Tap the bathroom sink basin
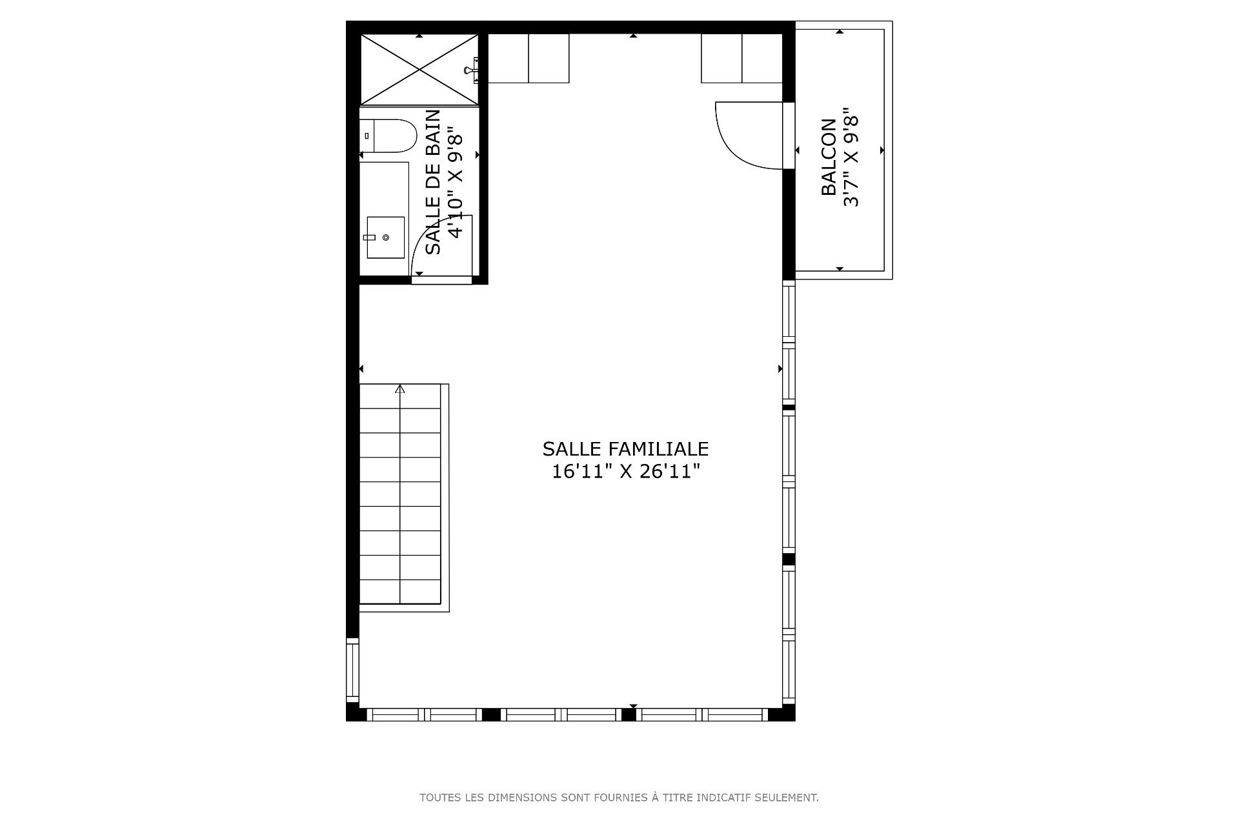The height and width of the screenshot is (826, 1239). point(386,237)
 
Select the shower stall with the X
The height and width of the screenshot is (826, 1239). point(419,69)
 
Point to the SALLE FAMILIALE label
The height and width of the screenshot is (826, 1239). point(625,449)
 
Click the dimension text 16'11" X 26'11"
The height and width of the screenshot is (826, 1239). point(625,472)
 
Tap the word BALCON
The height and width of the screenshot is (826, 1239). point(829,157)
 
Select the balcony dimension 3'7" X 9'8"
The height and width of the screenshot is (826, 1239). point(852,157)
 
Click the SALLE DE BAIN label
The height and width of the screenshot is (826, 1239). point(434,182)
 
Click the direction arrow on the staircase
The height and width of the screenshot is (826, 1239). point(400,389)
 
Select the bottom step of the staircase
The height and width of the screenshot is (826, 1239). point(400,592)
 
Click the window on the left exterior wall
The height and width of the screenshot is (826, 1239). point(352,670)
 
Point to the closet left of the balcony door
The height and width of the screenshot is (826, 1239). point(742,58)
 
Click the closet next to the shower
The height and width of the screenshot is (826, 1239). point(529,58)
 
